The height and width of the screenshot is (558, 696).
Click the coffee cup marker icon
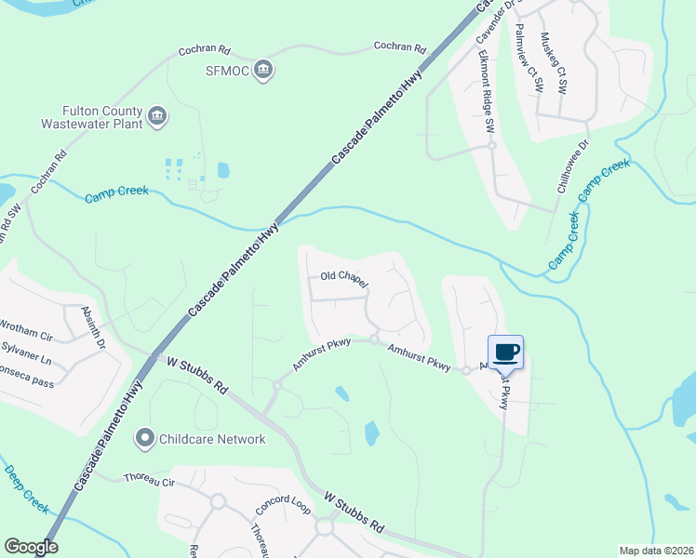click(x=505, y=352)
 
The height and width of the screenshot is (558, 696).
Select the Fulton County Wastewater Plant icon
click(x=157, y=116)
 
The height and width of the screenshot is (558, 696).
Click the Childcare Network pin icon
click(x=144, y=437)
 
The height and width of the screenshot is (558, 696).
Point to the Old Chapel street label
click(x=344, y=278)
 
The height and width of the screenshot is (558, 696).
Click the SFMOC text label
click(x=224, y=69)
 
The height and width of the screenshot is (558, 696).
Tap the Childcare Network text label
click(x=212, y=439)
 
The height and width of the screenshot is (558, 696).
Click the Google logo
click(x=31, y=547)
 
